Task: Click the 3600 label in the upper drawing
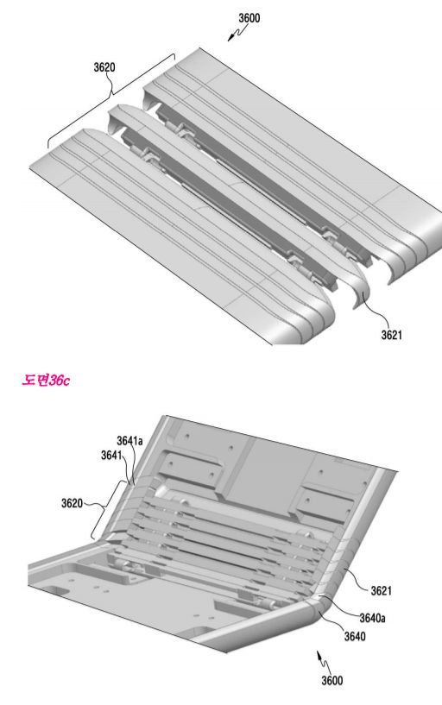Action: coord(249,18)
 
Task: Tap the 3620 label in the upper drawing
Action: coord(104,67)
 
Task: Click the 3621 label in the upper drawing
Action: coord(392,335)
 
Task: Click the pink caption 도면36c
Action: coord(46,381)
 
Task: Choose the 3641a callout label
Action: coord(129,441)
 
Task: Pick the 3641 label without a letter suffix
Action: coord(111,456)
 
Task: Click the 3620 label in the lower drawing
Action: coord(72,503)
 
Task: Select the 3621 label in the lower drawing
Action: coord(381,590)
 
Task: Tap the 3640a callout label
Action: coord(372,618)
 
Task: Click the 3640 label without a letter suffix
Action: coord(355,636)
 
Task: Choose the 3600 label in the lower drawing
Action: coord(331,680)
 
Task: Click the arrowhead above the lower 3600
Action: coord(319,653)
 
